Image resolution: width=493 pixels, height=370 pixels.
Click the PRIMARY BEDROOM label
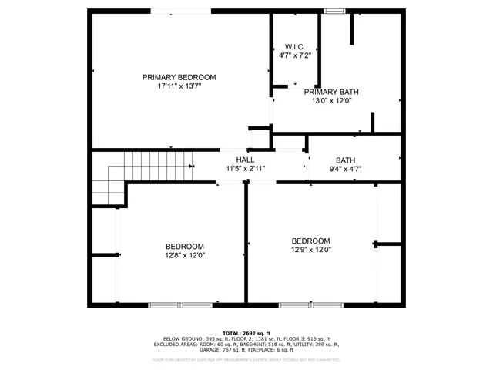179,78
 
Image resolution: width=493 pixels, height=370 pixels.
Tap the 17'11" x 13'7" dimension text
179,87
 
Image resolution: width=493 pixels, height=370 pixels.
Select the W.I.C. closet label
295,47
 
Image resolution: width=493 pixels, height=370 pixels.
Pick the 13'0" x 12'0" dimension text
332,100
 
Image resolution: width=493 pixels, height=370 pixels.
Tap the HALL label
245,159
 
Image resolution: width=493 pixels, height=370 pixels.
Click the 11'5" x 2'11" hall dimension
245,168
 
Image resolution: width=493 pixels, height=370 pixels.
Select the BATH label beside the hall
346,160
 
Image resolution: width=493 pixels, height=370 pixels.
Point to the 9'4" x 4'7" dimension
346,169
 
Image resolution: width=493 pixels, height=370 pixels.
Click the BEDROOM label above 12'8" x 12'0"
184,246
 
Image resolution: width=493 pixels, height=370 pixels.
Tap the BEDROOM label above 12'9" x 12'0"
310,240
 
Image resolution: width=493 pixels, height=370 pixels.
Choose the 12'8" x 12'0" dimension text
184,255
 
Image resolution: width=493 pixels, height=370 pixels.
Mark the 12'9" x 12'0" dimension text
310,250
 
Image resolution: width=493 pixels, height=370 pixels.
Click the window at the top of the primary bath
334,12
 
